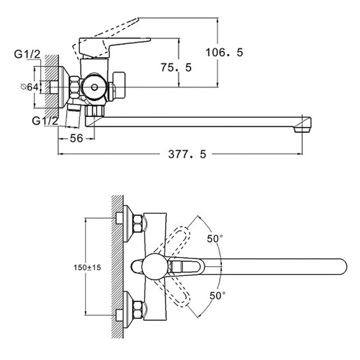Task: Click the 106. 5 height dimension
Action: pos(224,53)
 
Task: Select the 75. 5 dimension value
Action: pos(176,67)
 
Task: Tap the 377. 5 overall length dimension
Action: pos(187,154)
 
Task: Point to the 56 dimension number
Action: pos(76,138)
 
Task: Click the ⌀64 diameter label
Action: pos(29,87)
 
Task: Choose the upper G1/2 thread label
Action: pos(27,54)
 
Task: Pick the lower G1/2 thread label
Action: pos(45,121)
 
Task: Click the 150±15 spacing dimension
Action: pos(87,267)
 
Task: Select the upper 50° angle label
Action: pos(215,238)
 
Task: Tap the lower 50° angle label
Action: pos(217,295)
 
